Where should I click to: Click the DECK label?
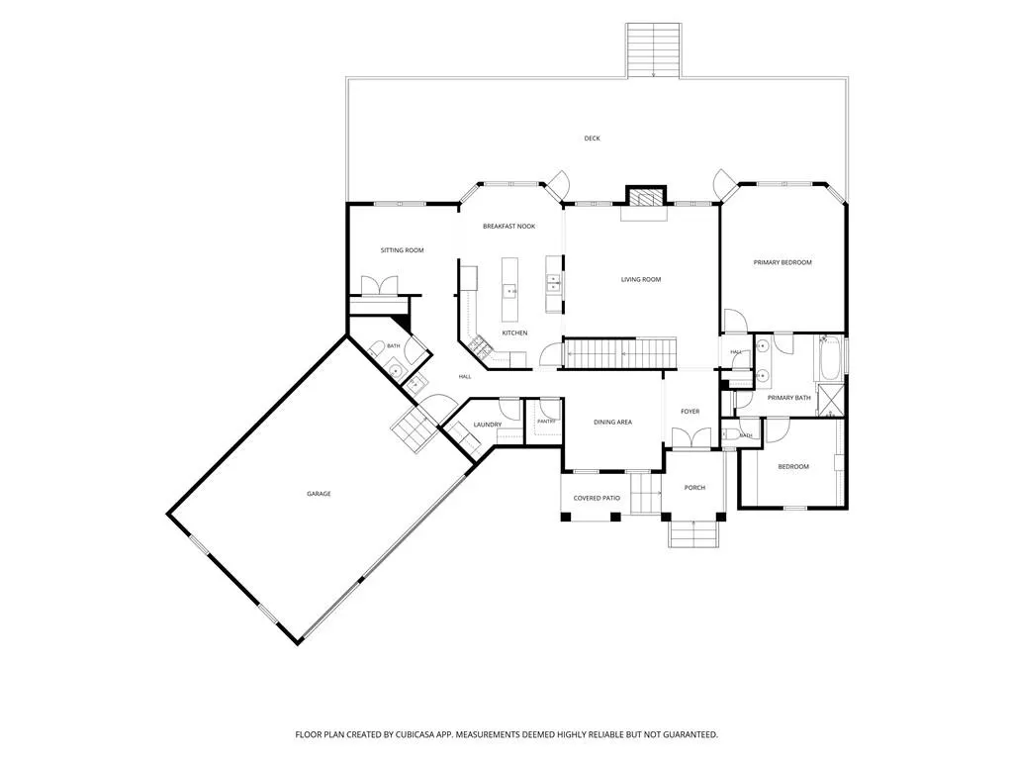(592, 139)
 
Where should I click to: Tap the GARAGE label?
(319, 494)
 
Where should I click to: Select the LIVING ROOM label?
(641, 280)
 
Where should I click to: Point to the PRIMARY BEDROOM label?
(783, 263)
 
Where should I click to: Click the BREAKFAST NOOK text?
(509, 227)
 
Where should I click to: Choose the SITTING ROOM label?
(402, 250)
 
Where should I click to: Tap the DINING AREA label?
(612, 422)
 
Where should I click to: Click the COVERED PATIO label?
(597, 499)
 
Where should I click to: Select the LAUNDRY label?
(487, 425)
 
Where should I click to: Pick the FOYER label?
(690, 412)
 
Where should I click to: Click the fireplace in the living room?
(645, 197)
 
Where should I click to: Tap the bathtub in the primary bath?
(830, 357)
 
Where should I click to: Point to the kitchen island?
(509, 289)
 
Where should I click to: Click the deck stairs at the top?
(653, 50)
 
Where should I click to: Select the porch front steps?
(693, 533)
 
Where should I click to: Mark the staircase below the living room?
(620, 353)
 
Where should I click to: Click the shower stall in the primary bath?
(830, 400)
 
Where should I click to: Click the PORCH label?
(694, 488)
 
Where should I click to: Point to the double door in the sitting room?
(379, 286)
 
